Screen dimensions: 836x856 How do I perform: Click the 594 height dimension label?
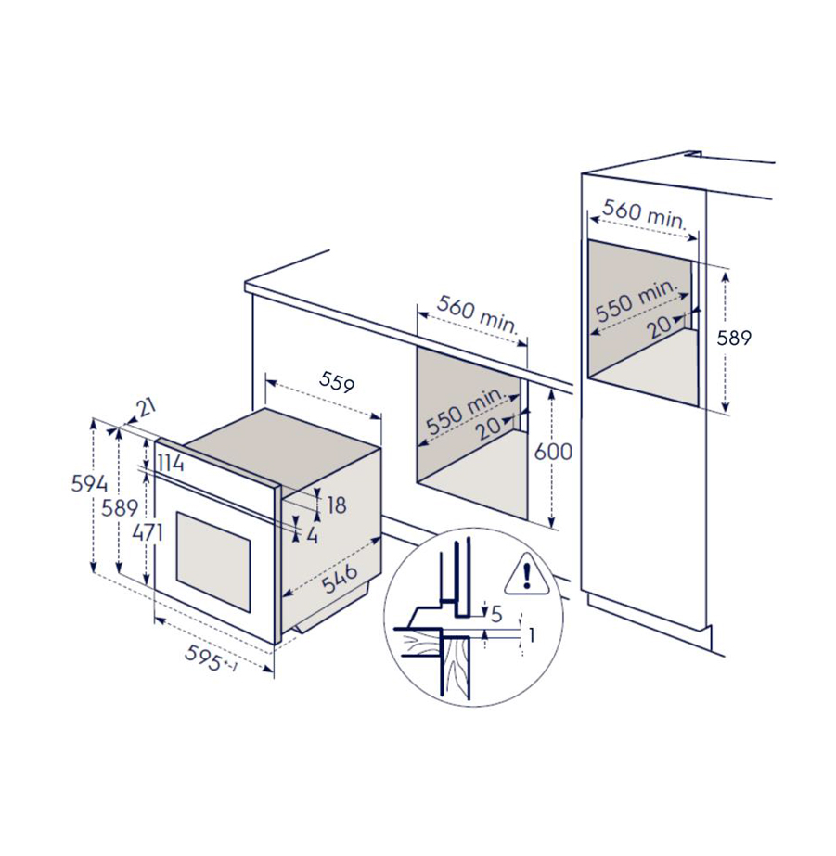coord(90,484)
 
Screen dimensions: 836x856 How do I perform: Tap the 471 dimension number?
coord(148,532)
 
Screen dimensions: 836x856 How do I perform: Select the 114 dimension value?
coord(171,464)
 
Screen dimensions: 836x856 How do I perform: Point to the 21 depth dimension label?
coord(146,407)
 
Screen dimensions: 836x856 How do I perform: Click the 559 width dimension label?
coord(337,381)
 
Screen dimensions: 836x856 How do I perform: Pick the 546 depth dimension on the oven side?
coord(339,578)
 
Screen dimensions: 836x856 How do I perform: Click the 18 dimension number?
coord(337,505)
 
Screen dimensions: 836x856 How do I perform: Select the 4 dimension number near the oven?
coord(312,535)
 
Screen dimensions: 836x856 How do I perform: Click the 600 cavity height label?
coord(553,452)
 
